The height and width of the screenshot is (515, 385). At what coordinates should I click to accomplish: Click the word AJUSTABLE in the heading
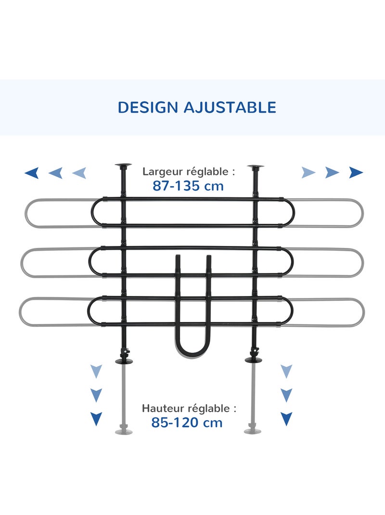[230, 107]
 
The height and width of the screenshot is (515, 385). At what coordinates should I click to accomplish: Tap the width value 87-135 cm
[188, 186]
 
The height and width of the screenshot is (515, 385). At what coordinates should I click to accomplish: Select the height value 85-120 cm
[187, 423]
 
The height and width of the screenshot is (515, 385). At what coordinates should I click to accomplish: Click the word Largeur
[163, 171]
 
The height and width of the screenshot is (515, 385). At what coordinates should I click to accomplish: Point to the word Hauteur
[163, 408]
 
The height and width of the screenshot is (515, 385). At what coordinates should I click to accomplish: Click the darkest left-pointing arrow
[32, 173]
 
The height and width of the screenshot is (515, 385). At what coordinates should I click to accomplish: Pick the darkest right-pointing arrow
[356, 172]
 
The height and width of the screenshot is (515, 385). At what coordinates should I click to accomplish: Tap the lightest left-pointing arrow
[79, 173]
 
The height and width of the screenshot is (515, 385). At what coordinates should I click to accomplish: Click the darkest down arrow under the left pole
[96, 419]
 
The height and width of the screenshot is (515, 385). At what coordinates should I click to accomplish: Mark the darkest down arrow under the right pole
[286, 419]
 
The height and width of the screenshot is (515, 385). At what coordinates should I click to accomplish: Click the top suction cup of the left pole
[123, 166]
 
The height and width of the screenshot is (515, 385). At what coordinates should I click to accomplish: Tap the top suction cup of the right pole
[256, 167]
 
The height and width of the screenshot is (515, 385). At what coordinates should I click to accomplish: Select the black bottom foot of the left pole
[124, 361]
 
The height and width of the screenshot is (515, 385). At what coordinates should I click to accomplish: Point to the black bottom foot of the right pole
[254, 360]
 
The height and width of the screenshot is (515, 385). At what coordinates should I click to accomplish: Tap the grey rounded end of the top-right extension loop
[361, 213]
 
